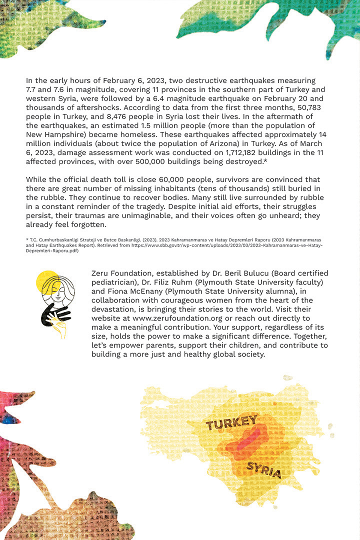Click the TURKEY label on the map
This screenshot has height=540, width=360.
(x=231, y=423)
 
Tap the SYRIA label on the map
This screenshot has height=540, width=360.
(x=263, y=470)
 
